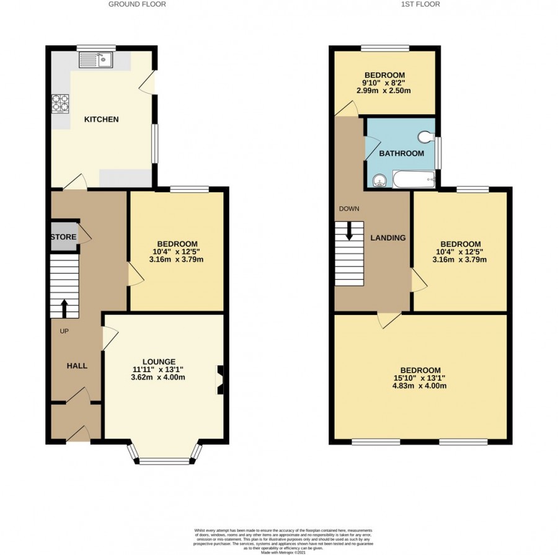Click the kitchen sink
(x=95, y=60)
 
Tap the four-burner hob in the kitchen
(x=61, y=102)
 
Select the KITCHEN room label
(x=101, y=119)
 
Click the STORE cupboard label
(x=63, y=237)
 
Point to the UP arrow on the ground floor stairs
(x=64, y=308)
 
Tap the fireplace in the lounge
(x=219, y=380)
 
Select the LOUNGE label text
(x=159, y=362)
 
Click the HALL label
(x=77, y=365)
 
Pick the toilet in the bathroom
(x=426, y=136)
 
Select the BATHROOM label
(x=402, y=153)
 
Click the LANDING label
(x=388, y=238)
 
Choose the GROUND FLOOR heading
(x=137, y=4)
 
